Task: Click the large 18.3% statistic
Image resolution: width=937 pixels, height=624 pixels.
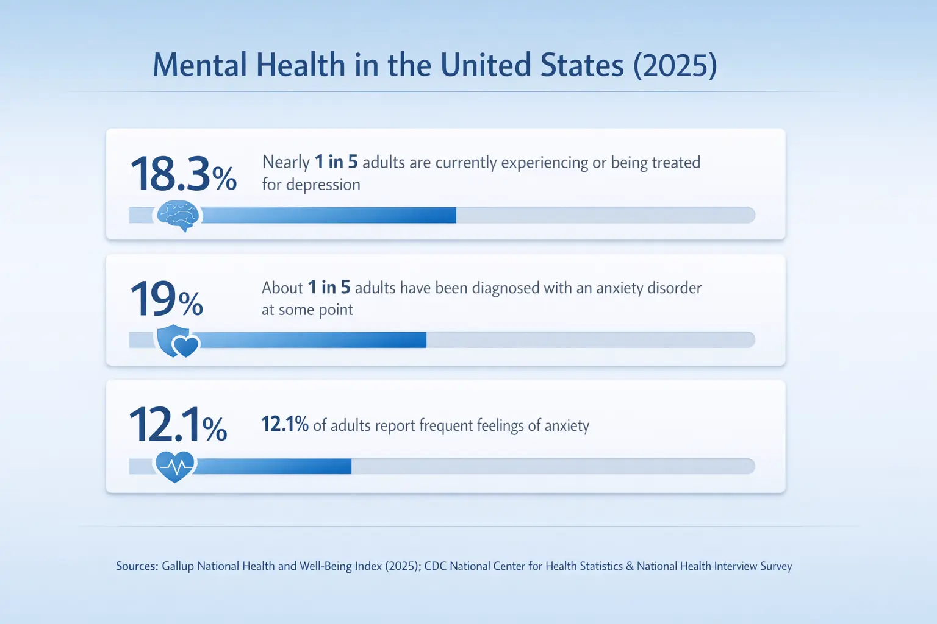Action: [x=183, y=174]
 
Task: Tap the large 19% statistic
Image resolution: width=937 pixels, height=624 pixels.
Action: [x=166, y=299]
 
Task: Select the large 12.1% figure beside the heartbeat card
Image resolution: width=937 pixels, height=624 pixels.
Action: [x=178, y=425]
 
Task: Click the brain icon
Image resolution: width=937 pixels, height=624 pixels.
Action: [x=178, y=216]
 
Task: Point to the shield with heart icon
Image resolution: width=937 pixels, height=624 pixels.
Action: [x=177, y=341]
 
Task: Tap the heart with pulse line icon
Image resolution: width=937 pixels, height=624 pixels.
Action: [x=175, y=467]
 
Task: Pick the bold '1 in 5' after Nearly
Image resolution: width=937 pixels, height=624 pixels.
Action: [x=336, y=162]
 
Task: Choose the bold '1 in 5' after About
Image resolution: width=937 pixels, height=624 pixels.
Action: [x=329, y=287]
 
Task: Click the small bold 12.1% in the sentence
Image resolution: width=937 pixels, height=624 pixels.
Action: [x=285, y=424]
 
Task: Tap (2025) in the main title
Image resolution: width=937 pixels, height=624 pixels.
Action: [x=675, y=65]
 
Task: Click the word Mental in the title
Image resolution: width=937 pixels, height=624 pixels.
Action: [x=199, y=65]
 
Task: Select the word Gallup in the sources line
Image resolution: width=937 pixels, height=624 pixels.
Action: [x=178, y=566]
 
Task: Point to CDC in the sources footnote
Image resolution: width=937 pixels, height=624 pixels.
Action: [x=435, y=566]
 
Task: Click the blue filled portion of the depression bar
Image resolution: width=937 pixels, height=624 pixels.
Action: [x=329, y=215]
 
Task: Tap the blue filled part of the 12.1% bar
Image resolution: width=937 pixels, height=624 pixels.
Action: [x=275, y=466]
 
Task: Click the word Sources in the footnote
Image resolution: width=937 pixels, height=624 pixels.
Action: [x=137, y=566]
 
